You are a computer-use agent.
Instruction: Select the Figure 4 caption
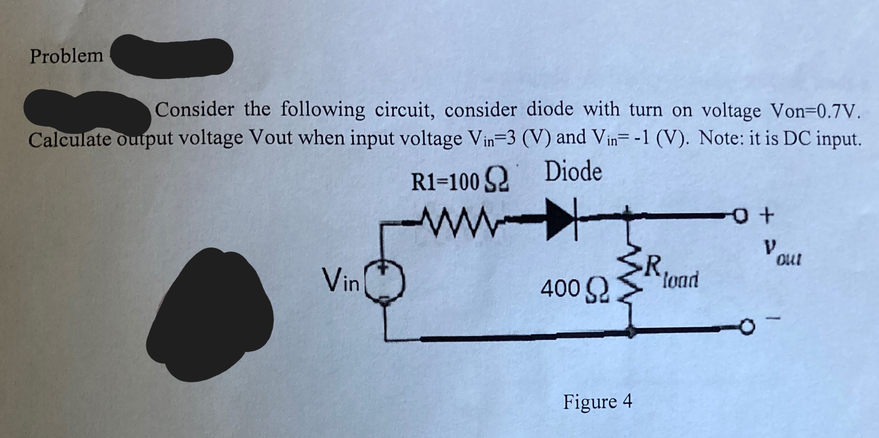(x=598, y=401)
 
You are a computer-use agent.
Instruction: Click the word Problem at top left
(x=67, y=56)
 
